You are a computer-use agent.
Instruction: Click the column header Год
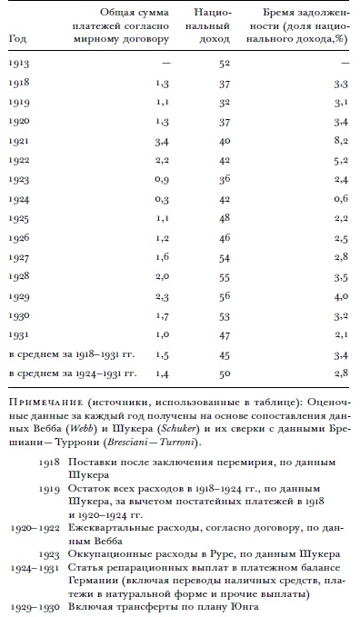16,39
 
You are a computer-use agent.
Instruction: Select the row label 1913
18,64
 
